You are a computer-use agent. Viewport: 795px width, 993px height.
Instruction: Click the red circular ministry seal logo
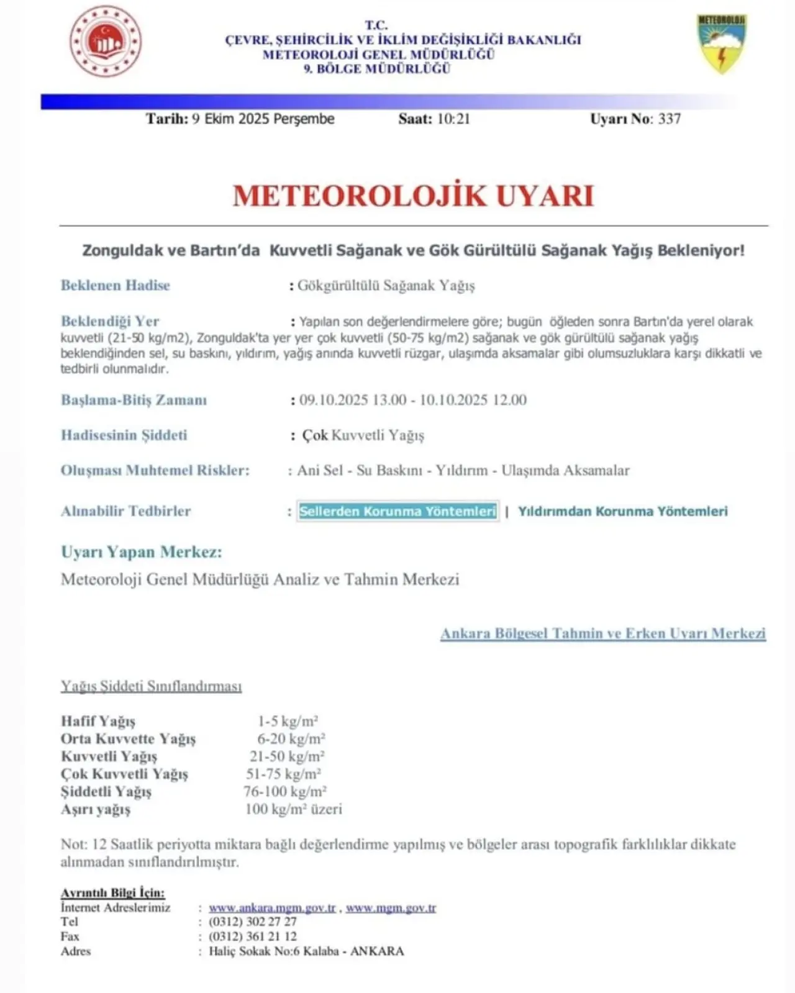click(x=106, y=42)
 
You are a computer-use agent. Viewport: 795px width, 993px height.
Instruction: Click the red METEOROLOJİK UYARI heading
click(x=413, y=196)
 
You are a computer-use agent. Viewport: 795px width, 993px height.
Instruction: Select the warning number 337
click(x=670, y=119)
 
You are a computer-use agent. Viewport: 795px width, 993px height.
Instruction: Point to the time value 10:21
click(x=453, y=119)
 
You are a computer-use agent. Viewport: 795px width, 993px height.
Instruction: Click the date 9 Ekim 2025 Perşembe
click(x=263, y=119)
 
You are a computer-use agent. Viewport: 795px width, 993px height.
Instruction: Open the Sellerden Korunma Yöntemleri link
click(x=397, y=511)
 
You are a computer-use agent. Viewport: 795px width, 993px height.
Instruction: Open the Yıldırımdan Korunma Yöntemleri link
click(x=622, y=511)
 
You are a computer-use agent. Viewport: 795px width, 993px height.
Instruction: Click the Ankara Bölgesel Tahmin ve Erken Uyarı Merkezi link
click(x=602, y=633)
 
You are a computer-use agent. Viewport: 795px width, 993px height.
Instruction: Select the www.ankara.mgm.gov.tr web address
click(x=272, y=907)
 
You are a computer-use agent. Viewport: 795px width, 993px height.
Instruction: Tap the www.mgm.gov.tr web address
click(x=391, y=907)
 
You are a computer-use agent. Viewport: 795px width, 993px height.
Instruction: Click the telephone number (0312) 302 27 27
click(x=253, y=922)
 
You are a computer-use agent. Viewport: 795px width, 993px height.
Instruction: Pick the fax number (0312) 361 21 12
click(x=253, y=936)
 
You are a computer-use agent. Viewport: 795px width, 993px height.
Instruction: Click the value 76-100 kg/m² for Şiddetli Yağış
click(x=285, y=791)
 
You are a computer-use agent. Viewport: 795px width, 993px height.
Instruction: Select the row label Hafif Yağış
click(x=98, y=721)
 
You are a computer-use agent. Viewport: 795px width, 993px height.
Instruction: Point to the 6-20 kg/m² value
click(x=291, y=738)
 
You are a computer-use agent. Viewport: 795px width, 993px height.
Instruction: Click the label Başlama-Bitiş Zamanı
click(x=134, y=400)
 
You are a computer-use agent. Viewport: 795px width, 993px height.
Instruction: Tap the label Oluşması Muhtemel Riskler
click(x=155, y=470)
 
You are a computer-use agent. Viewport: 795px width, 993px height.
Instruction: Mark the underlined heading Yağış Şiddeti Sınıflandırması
click(x=151, y=686)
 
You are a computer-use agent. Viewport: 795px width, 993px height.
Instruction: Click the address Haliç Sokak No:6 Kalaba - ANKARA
click(x=306, y=951)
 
